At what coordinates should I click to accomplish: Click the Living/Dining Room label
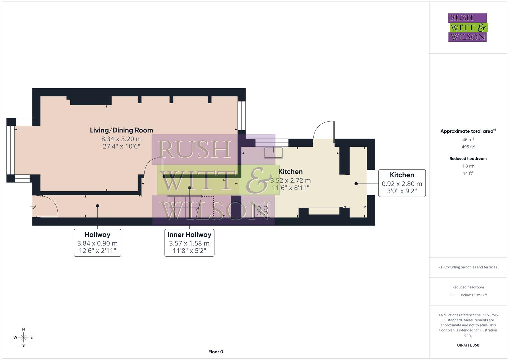point(121,130)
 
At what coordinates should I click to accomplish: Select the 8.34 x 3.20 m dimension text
point(121,139)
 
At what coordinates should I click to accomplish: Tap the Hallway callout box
point(97,243)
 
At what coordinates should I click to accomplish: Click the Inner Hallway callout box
point(189,243)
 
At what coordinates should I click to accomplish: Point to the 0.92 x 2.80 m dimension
point(402,184)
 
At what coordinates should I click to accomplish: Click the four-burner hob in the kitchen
point(262,210)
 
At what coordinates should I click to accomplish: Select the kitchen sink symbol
point(273,152)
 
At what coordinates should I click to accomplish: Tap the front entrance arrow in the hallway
point(33,207)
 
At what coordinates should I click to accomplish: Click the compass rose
point(23,337)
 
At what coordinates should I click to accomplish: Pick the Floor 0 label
point(216,352)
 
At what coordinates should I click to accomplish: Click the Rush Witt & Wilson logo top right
point(468,28)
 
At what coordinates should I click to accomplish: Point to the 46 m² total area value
point(468,140)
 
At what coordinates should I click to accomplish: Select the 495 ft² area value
point(468,147)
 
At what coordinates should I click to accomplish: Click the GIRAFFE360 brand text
point(468,345)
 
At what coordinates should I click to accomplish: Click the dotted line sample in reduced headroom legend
point(454,295)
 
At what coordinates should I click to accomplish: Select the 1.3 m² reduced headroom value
point(468,166)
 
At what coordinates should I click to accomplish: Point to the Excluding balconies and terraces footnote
point(468,267)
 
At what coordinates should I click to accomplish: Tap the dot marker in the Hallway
point(98,206)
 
